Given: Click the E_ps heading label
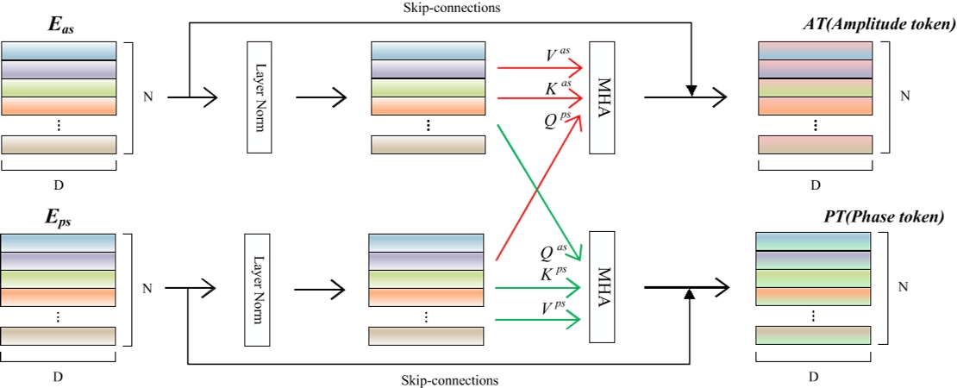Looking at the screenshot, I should (59, 220).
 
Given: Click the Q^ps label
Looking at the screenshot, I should (556, 121).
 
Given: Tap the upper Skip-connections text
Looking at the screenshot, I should (450, 7).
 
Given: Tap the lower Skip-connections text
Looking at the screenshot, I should (450, 379).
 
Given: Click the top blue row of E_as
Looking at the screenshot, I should (59, 51).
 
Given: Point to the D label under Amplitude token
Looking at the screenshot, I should (815, 184).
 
